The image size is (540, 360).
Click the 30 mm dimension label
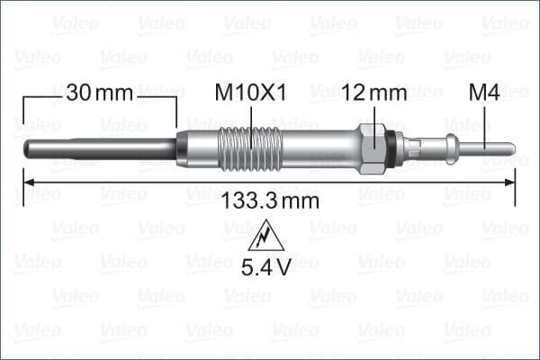[99, 92]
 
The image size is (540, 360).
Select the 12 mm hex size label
[374, 92]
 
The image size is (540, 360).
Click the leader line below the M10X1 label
[249, 118]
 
